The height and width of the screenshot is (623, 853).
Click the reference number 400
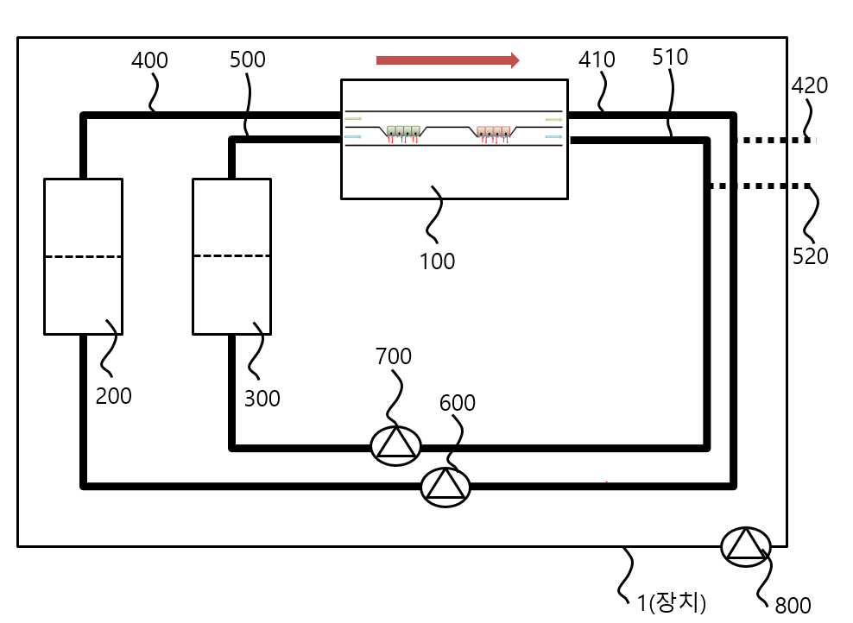(x=149, y=60)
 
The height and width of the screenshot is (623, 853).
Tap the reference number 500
(x=248, y=60)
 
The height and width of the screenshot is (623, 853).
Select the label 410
(x=597, y=60)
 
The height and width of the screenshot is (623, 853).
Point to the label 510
(x=670, y=57)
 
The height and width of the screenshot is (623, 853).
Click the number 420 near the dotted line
(x=810, y=85)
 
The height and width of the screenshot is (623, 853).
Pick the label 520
(x=810, y=256)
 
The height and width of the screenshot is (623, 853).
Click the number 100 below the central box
(x=438, y=261)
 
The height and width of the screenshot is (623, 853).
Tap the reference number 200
(x=114, y=396)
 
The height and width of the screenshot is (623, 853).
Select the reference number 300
(x=262, y=399)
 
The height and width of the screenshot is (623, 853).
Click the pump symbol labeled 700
(x=395, y=446)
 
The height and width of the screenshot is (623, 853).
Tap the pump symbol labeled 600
(x=445, y=487)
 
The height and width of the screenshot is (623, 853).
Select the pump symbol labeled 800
(x=746, y=547)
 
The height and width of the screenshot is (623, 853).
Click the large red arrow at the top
(x=448, y=60)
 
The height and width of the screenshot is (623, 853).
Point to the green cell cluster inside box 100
(x=403, y=132)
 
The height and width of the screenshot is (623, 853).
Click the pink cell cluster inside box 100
(x=494, y=132)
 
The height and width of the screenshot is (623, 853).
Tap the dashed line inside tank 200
(x=83, y=256)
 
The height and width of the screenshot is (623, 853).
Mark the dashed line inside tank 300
(x=231, y=255)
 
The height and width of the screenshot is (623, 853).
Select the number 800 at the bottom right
(x=793, y=605)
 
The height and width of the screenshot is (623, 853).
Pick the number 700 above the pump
(x=394, y=356)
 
